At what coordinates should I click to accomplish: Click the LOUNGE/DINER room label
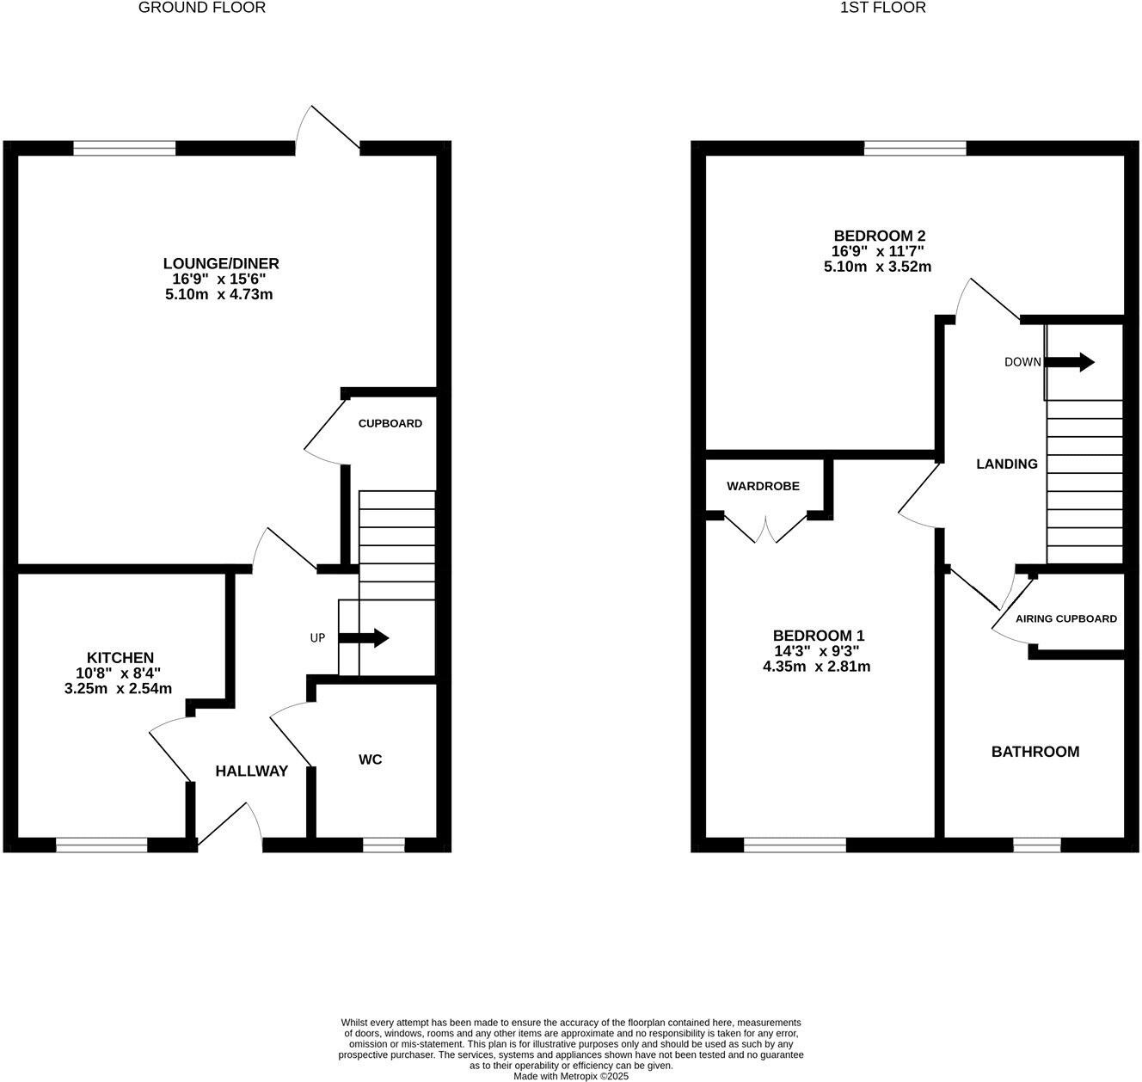(221, 263)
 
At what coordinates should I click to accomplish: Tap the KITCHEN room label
(120, 657)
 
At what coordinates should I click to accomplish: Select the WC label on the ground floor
(370, 759)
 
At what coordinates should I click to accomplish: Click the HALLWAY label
(251, 772)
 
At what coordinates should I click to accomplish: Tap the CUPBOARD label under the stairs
(390, 423)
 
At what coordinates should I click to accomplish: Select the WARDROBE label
(763, 486)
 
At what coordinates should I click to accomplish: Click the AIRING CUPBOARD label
(1066, 618)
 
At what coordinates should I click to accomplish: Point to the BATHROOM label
(1035, 752)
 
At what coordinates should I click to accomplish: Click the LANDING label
(1006, 464)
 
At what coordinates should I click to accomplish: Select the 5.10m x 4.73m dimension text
(218, 294)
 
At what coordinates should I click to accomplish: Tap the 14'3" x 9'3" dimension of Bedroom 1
(816, 651)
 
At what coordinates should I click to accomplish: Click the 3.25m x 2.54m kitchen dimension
(118, 688)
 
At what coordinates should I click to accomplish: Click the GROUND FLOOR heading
(202, 8)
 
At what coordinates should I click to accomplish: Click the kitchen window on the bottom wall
(101, 845)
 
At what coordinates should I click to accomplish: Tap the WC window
(384, 845)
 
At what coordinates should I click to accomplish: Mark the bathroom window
(1036, 845)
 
